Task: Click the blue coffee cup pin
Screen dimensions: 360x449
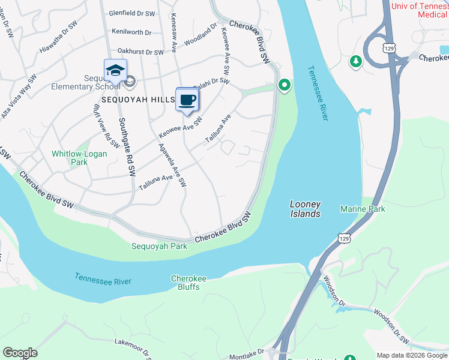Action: point(187,100)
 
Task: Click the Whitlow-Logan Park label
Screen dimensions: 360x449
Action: point(79,158)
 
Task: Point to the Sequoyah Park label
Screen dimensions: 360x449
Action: point(160,246)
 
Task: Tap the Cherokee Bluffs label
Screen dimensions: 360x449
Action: point(188,283)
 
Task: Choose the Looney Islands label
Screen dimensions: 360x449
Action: point(305,209)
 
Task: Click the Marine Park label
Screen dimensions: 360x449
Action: point(363,209)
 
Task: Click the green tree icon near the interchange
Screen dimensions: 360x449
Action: point(356,61)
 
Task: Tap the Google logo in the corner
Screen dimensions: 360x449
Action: point(20,353)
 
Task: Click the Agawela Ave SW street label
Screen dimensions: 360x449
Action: point(172,164)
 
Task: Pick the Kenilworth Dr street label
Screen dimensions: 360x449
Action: point(131,32)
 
